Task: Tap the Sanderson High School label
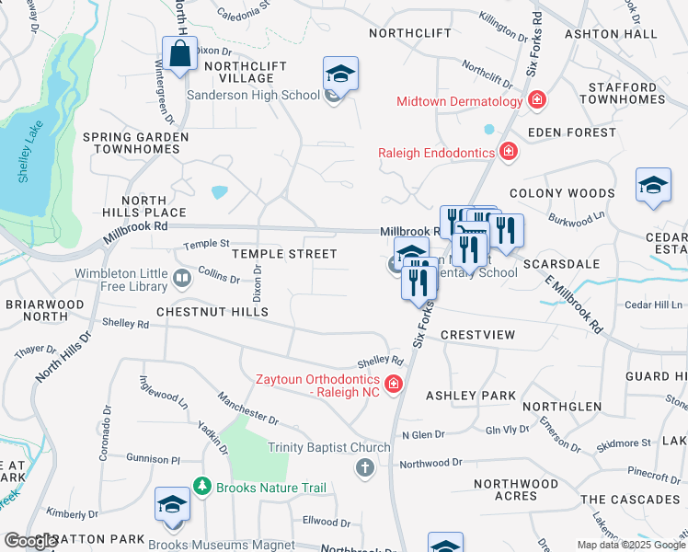click(253, 95)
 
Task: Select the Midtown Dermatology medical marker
click(537, 100)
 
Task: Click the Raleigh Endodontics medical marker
click(507, 152)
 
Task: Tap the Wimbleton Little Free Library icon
click(183, 276)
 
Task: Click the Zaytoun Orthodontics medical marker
click(394, 385)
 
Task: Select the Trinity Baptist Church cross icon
click(364, 468)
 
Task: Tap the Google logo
click(31, 541)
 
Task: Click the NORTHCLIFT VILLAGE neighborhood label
click(246, 73)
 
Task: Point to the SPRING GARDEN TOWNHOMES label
click(136, 143)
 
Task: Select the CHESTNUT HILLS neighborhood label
click(212, 312)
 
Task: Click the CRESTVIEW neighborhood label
click(477, 335)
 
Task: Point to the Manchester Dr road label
click(247, 408)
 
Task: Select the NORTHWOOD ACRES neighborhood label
click(516, 489)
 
